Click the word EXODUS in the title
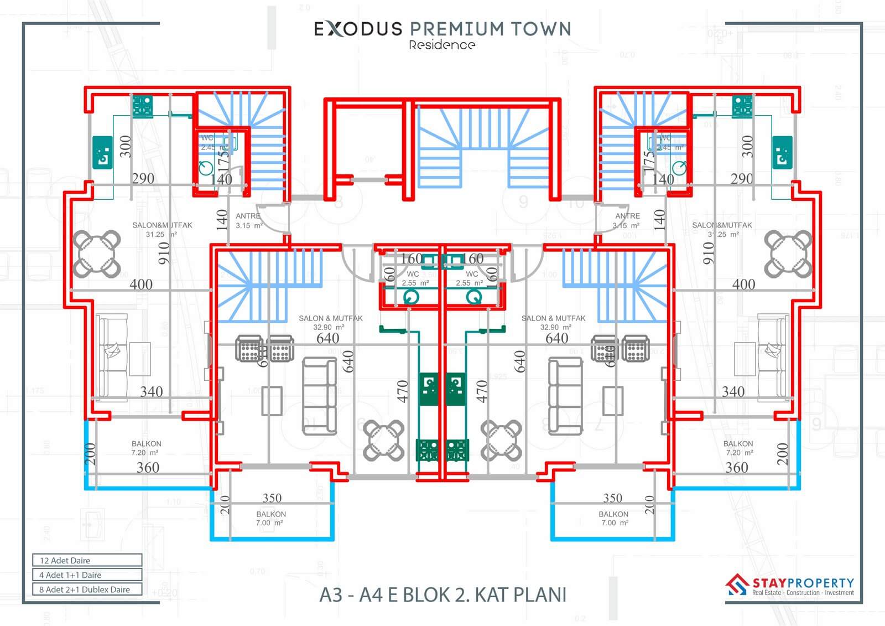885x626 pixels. coord(358,29)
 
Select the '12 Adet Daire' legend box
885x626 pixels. coord(87,560)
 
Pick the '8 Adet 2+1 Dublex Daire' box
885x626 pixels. coord(87,589)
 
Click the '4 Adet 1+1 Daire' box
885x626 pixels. coord(87,575)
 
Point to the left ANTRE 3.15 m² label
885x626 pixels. coord(248,221)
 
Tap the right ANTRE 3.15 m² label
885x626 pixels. coord(627,221)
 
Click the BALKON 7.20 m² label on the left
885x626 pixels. coord(147,448)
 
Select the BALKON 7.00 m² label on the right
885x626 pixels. coord(613,519)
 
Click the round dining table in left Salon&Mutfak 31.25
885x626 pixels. coord(97,253)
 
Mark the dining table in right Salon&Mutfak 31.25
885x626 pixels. coord(788,253)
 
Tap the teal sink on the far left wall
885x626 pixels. coord(102,152)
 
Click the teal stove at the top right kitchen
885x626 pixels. coord(742,106)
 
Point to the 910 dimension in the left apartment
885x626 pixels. coord(164,252)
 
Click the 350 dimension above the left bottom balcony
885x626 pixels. coord(272,498)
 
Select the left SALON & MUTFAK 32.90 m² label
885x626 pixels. coord(330,323)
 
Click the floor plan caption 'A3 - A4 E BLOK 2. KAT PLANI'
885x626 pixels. coord(443,594)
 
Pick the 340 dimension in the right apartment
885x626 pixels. coord(733,391)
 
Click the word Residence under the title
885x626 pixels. coord(442,45)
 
